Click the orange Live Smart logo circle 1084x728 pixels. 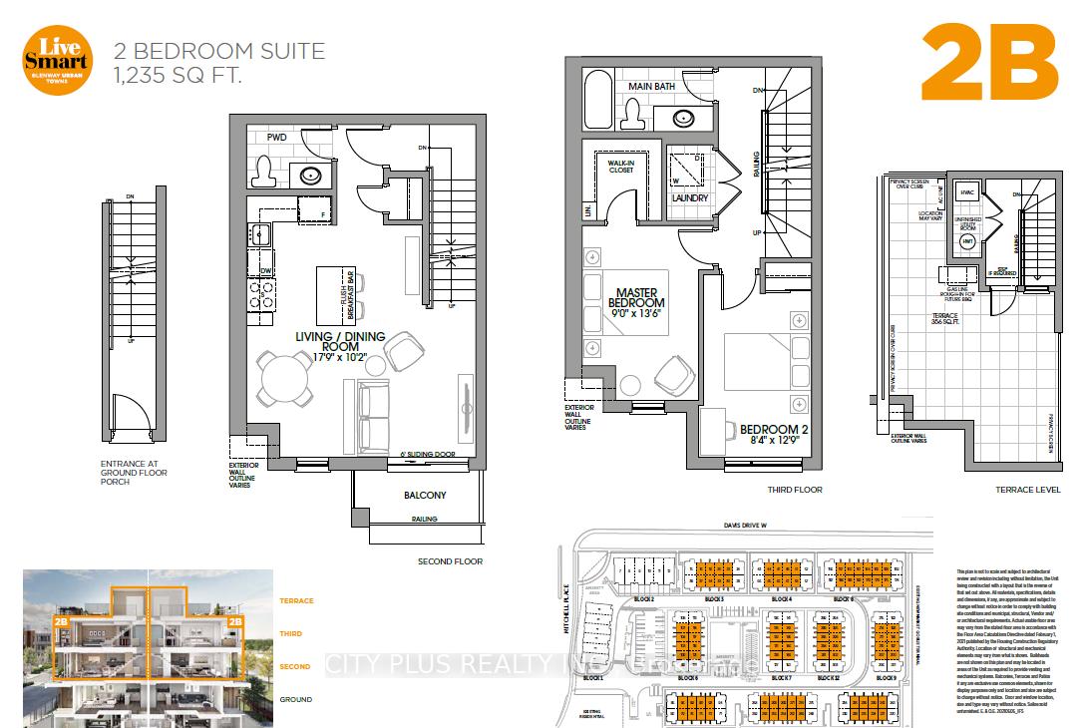tap(58, 59)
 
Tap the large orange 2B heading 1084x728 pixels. tap(989, 60)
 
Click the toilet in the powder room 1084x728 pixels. tap(264, 172)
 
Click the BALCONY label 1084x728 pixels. tap(424, 495)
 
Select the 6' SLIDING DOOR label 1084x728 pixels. tap(426, 452)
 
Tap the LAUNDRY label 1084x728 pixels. tap(689, 197)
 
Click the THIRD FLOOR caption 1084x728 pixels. tap(794, 491)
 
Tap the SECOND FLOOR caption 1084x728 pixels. tap(449, 561)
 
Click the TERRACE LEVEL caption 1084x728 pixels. tap(1028, 491)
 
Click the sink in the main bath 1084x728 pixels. tap(684, 118)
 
